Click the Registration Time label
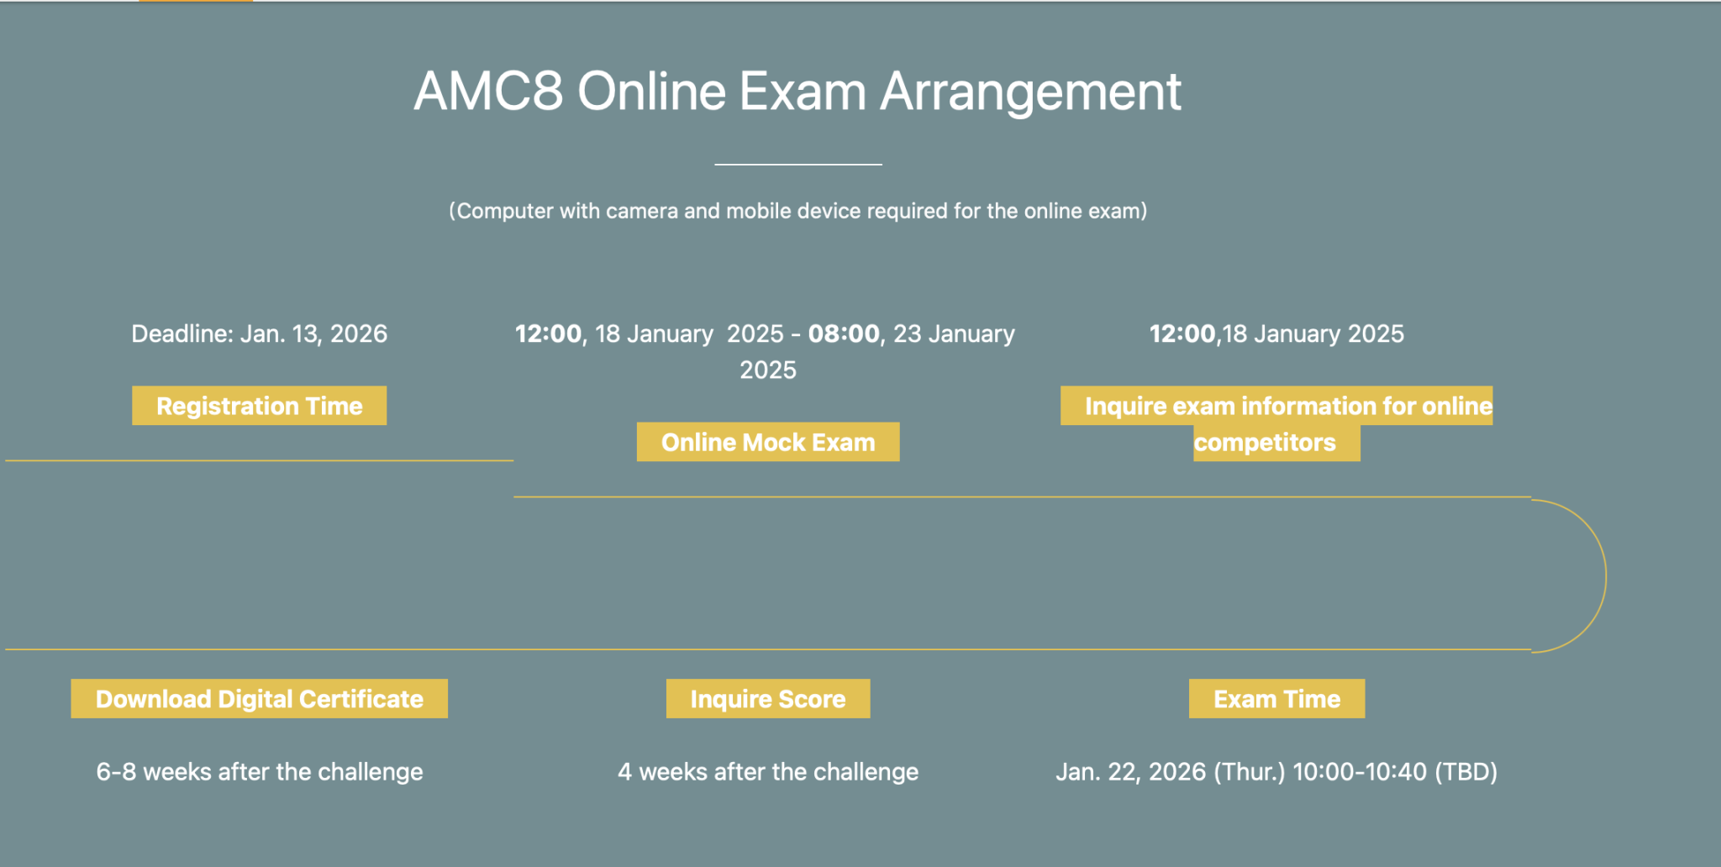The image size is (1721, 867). [x=259, y=406]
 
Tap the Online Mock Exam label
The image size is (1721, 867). [x=767, y=442]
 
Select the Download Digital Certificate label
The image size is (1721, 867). [x=259, y=699]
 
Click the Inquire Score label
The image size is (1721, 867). [x=767, y=699]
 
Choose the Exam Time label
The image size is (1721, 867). [x=1276, y=699]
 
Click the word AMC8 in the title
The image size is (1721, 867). [x=487, y=92]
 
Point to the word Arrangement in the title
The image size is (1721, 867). [x=1030, y=92]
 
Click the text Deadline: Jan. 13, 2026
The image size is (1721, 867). [x=259, y=334]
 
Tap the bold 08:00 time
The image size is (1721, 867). [x=843, y=334]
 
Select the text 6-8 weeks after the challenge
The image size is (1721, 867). [x=259, y=772]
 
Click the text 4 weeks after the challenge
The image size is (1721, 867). [x=767, y=772]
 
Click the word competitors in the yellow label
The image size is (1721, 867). [x=1265, y=443]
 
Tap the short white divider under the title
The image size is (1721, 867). [x=797, y=165]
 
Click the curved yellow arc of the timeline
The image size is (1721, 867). [x=1605, y=575]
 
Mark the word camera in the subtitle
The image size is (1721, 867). [x=642, y=211]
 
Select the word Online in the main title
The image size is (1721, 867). [x=651, y=92]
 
